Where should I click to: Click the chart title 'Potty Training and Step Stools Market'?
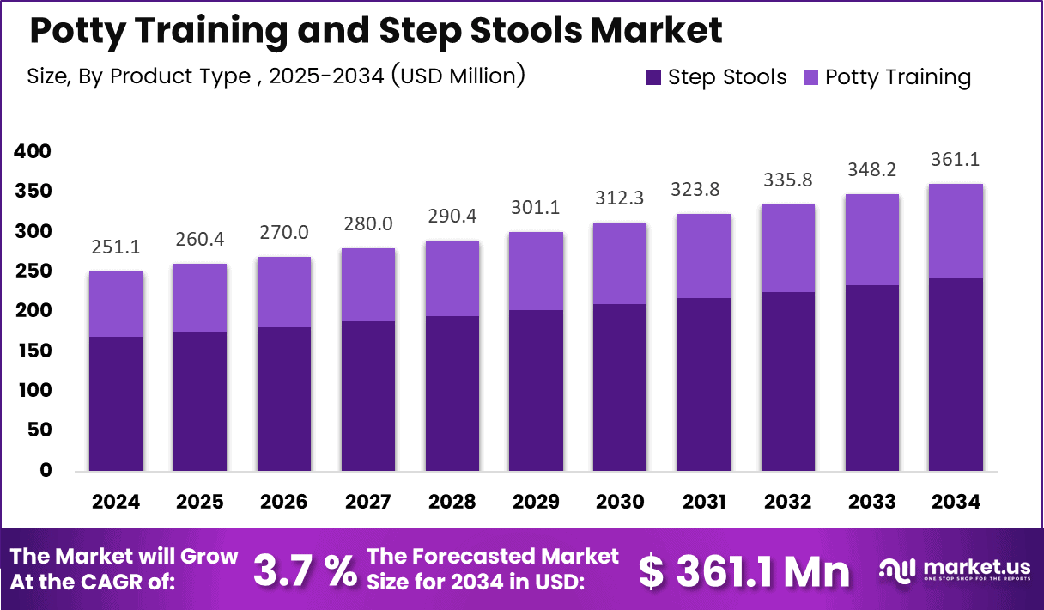click(375, 31)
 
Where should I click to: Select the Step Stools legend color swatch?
click(653, 77)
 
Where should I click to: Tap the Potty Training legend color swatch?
click(810, 77)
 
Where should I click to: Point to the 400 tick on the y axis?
click(33, 151)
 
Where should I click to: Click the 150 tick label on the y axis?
click(33, 351)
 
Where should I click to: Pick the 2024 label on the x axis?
click(116, 502)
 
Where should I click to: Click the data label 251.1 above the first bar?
click(116, 247)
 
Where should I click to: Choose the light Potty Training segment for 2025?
click(200, 298)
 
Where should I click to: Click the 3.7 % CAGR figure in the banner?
click(306, 570)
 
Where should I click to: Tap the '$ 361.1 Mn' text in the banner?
click(744, 570)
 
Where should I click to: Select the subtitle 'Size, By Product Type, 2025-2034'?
click(275, 76)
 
